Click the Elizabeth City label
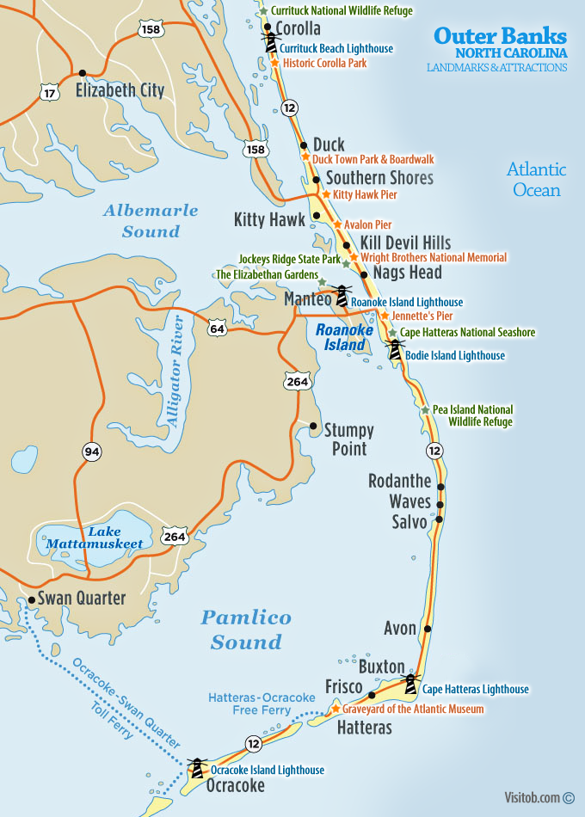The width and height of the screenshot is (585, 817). click(x=120, y=89)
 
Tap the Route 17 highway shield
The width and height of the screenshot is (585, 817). click(x=49, y=89)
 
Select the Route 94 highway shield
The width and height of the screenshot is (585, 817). click(x=92, y=451)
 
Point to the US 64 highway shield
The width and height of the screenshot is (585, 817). click(x=216, y=326)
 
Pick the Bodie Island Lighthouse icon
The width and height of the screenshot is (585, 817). click(x=396, y=349)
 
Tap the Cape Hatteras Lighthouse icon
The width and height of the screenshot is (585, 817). click(x=411, y=685)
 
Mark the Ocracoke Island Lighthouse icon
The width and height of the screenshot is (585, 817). click(x=198, y=766)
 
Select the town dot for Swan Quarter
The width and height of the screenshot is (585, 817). click(x=32, y=599)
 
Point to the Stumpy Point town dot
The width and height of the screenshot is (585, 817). click(x=314, y=427)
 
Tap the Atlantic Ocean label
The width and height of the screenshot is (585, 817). click(x=536, y=180)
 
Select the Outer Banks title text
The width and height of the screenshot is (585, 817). click(x=500, y=35)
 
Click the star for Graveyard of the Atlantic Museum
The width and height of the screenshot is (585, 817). click(x=336, y=710)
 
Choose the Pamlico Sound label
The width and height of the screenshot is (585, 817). click(x=246, y=630)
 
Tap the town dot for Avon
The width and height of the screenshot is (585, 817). click(x=428, y=629)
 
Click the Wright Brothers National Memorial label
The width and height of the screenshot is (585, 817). click(x=434, y=257)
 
